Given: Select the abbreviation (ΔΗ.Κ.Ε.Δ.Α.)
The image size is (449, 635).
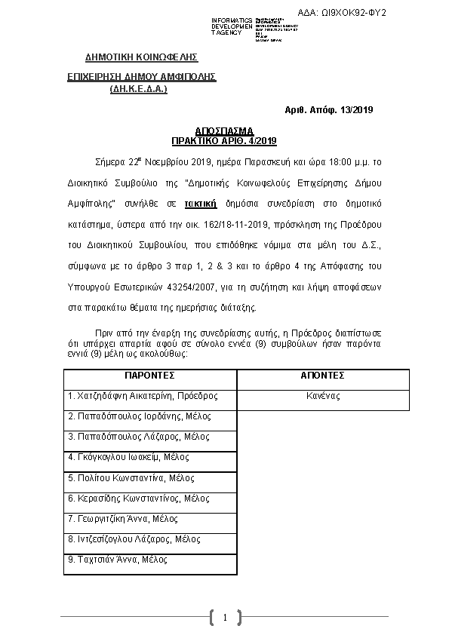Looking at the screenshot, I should (x=139, y=89).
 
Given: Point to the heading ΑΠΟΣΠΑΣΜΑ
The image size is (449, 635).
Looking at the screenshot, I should (x=224, y=130).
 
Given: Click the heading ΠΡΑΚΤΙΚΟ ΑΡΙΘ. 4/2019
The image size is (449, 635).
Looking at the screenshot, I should (x=224, y=140).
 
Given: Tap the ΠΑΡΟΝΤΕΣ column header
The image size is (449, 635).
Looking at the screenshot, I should (x=149, y=375).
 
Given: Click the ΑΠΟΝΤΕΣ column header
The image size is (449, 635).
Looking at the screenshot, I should (x=323, y=375).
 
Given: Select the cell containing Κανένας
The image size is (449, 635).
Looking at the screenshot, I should (x=323, y=396).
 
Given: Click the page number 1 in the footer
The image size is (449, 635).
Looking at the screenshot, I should (x=224, y=618).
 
